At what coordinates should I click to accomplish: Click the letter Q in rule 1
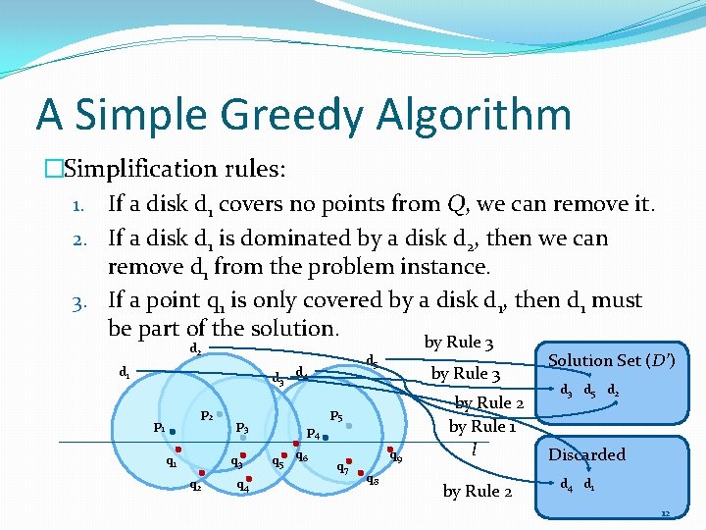[x=457, y=205]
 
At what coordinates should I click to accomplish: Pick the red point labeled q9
[x=389, y=450]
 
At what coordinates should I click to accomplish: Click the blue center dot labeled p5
[x=350, y=426]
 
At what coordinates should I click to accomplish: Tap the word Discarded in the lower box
[x=586, y=454]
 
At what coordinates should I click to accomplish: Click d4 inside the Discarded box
[x=566, y=484]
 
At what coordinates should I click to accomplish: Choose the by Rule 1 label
[x=482, y=426]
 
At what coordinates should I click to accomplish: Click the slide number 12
[x=665, y=513]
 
